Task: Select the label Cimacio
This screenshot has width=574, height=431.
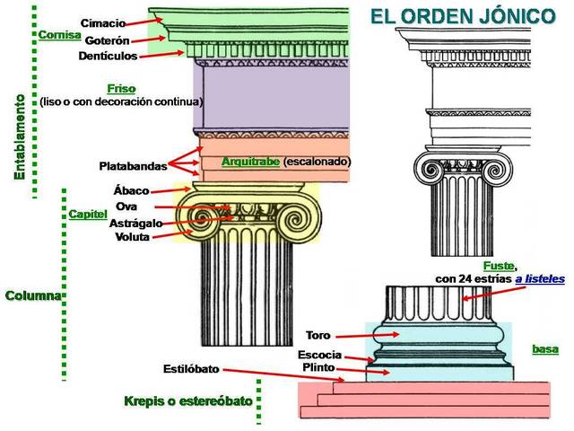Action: pos(102,22)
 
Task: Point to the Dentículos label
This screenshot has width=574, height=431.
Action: pos(108,56)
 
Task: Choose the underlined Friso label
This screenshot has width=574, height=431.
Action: pos(121,88)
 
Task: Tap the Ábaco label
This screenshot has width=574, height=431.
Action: pos(131,190)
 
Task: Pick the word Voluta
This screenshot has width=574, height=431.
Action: pos(133,237)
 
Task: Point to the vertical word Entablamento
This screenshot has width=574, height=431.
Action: pos(19,135)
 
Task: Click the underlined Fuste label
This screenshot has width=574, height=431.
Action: pos(498,266)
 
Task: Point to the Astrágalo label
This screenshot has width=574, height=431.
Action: pos(135,222)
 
